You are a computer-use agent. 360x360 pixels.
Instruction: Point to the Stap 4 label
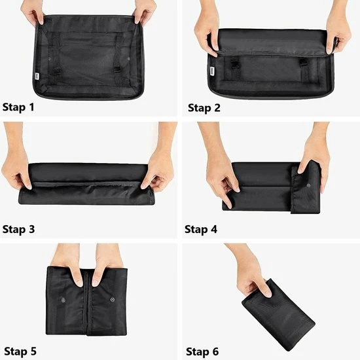point(204,229)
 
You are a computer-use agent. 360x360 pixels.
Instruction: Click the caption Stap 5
point(19,351)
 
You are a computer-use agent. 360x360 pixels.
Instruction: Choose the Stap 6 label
point(204,351)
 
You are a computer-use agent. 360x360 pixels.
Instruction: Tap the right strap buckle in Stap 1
point(117,68)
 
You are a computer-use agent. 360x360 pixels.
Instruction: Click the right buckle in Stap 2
point(303,63)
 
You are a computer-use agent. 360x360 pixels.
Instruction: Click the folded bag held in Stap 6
point(278,314)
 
